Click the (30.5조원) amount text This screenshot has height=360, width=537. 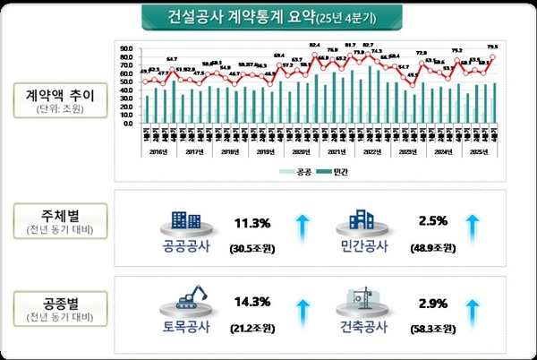point(247,246)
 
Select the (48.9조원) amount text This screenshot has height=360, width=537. point(423,246)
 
